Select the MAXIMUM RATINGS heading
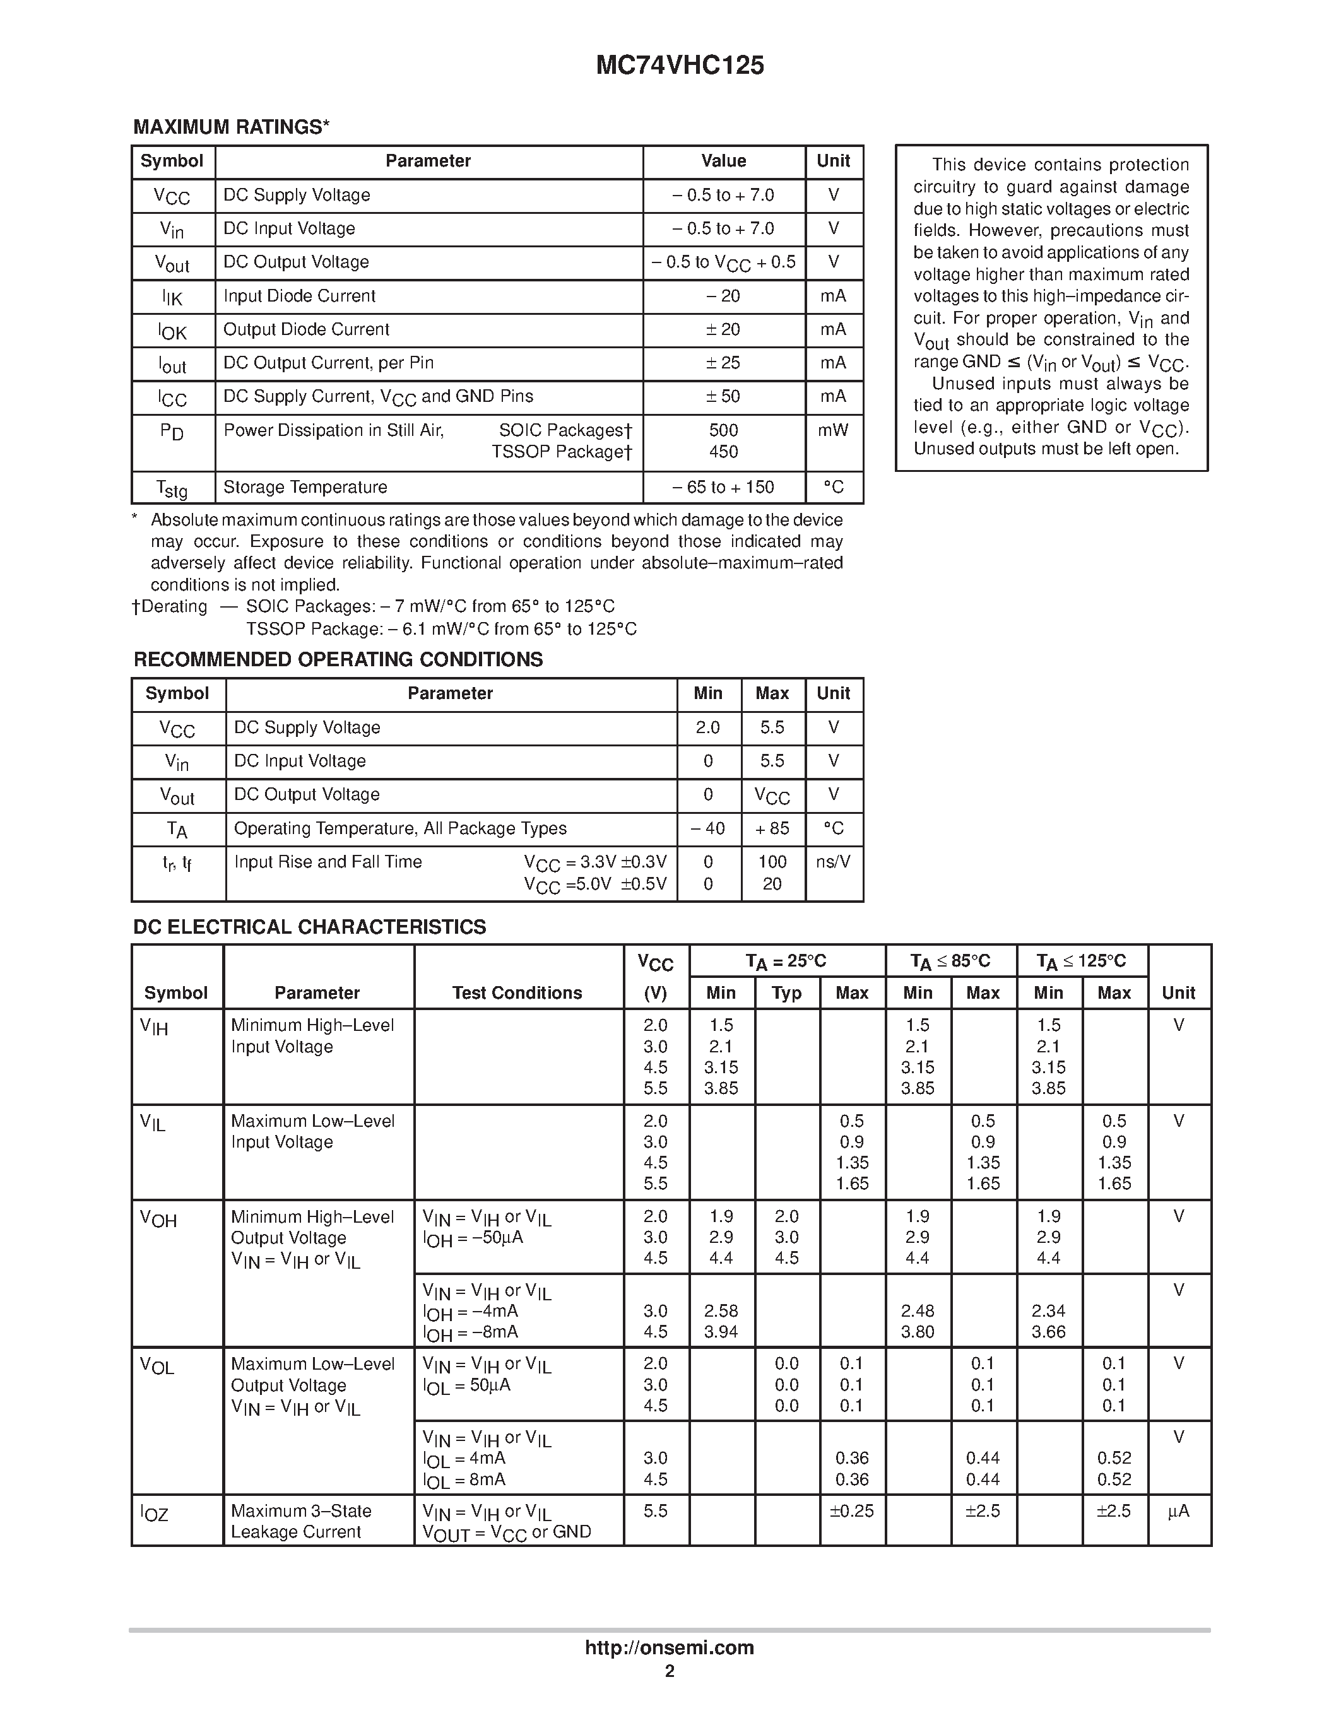(231, 127)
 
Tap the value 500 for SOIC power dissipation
(723, 430)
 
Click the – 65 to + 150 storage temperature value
(723, 487)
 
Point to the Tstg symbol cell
(172, 488)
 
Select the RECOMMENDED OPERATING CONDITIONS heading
(338, 659)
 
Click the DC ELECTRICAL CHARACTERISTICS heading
(309, 927)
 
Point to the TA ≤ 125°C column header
(1081, 962)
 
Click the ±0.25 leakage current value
(852, 1511)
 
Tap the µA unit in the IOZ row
(1178, 1511)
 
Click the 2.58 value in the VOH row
(721, 1311)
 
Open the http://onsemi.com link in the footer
(669, 1647)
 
